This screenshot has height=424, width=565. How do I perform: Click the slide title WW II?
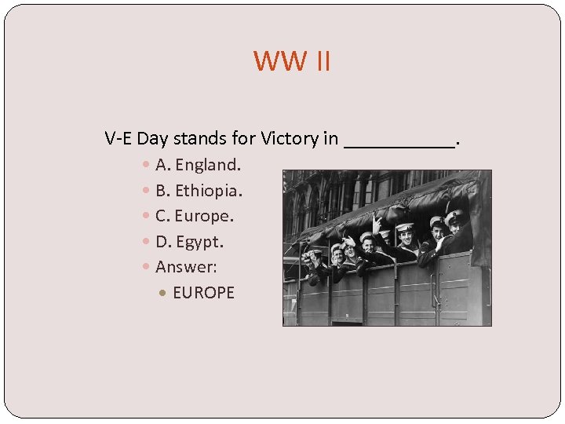click(292, 60)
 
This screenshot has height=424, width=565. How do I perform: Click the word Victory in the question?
click(289, 139)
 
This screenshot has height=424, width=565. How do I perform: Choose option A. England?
click(198, 165)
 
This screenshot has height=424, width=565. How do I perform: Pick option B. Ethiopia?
click(199, 190)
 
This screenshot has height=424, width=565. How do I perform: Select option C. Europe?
click(195, 215)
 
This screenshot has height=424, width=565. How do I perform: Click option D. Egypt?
click(189, 241)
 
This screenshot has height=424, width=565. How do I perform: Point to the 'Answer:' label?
click(186, 267)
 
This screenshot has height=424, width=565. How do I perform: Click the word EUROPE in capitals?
click(203, 293)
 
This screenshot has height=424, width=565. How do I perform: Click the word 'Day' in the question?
click(153, 139)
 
